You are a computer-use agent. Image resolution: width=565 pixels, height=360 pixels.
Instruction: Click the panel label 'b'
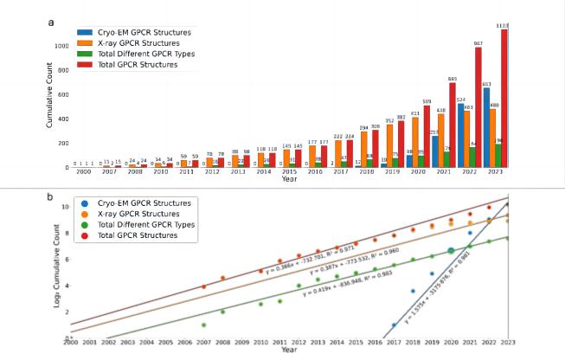[51, 197]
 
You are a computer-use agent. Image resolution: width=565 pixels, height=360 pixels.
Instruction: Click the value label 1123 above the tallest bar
[504, 26]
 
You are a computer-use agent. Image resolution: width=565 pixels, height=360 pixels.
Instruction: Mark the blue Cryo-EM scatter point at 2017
[394, 326]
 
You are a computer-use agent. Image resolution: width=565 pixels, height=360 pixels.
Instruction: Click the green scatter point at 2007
[204, 325]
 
